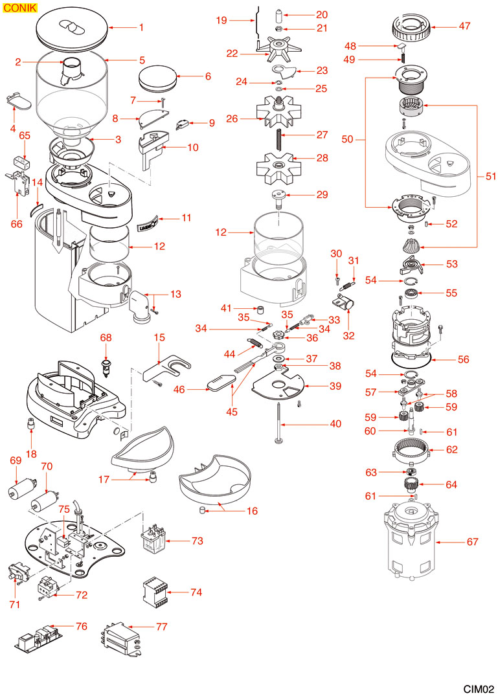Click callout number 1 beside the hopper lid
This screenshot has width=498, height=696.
(141, 28)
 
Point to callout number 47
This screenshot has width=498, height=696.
(464, 27)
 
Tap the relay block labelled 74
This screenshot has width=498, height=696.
(158, 590)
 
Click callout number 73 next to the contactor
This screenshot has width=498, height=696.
(197, 539)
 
